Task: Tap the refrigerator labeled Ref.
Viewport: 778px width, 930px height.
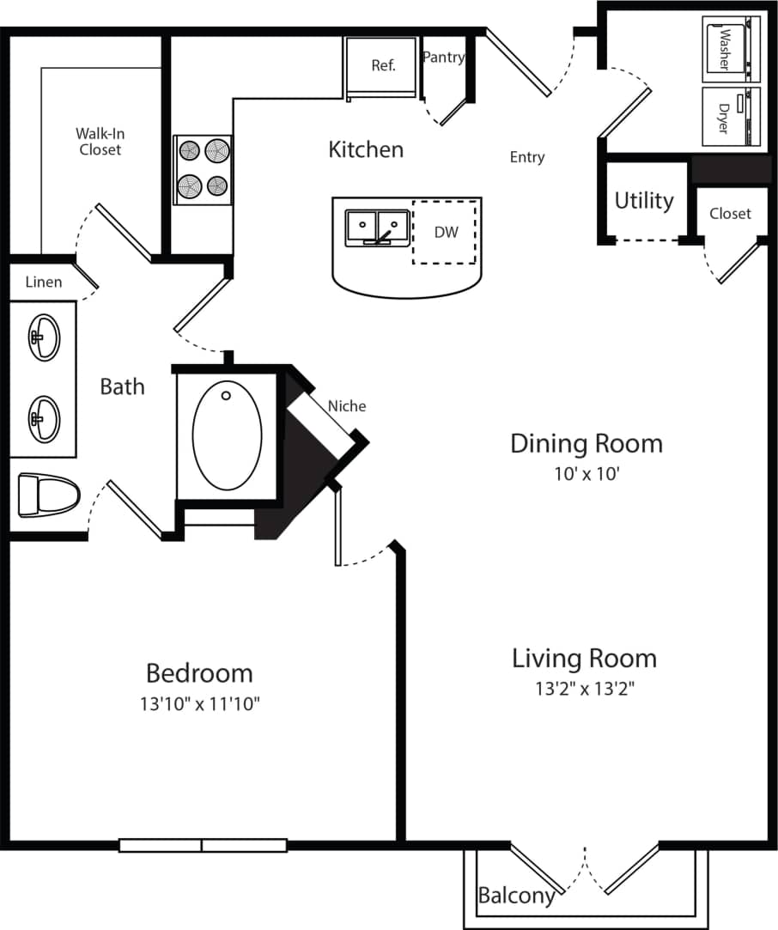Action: (x=383, y=67)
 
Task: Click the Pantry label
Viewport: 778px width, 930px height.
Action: (x=444, y=58)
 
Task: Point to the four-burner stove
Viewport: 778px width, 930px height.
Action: (x=204, y=169)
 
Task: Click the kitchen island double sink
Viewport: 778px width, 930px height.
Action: (x=378, y=228)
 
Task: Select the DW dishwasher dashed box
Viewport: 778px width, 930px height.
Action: (x=445, y=233)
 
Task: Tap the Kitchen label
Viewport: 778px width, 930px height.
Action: (x=366, y=149)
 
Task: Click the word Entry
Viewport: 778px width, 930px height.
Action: (x=526, y=157)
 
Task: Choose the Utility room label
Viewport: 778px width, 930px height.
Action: (x=644, y=200)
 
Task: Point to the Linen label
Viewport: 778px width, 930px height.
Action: (x=43, y=282)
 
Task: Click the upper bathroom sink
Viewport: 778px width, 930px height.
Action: (x=43, y=337)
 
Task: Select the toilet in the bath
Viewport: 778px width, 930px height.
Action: (x=47, y=495)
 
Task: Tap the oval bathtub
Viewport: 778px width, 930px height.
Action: (x=228, y=435)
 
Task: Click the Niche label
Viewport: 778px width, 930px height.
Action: (x=347, y=406)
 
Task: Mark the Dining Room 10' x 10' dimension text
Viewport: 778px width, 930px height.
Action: (x=587, y=473)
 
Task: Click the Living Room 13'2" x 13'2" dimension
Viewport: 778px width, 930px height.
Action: (x=584, y=689)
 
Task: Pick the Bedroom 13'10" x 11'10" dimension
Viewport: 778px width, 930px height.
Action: (x=199, y=704)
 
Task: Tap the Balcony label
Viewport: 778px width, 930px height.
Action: (x=515, y=896)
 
